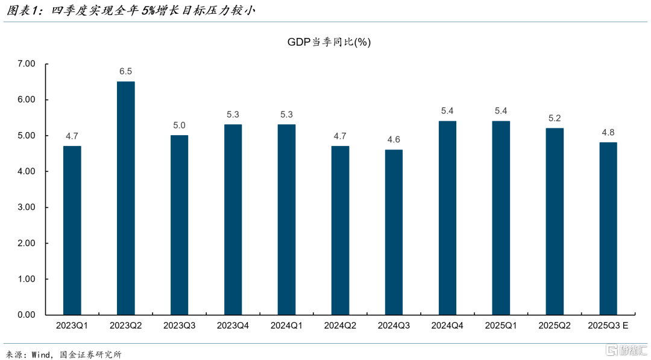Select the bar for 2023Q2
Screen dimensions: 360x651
click(x=125, y=198)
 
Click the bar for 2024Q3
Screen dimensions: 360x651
click(x=394, y=232)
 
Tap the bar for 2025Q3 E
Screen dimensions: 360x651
click(x=608, y=229)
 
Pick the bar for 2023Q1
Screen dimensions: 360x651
click(x=72, y=230)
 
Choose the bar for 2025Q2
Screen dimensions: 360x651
click(x=555, y=221)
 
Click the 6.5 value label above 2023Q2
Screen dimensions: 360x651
click(x=125, y=71)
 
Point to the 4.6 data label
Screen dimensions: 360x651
click(x=394, y=139)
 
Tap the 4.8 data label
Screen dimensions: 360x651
click(x=608, y=132)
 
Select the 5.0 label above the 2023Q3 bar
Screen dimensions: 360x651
click(x=179, y=125)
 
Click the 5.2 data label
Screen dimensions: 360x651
click(x=555, y=118)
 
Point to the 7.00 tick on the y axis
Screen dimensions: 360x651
click(x=27, y=63)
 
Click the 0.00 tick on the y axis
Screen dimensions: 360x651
click(x=27, y=315)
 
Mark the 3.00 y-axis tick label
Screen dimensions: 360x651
click(x=27, y=207)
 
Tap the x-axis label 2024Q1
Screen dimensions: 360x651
click(x=286, y=326)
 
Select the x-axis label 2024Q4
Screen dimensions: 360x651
click(x=447, y=326)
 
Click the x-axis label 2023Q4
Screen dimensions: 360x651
click(x=233, y=326)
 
